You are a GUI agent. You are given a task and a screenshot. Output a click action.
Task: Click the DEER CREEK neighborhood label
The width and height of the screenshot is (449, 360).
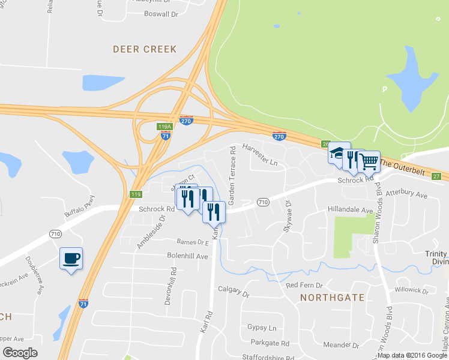coord(145,49)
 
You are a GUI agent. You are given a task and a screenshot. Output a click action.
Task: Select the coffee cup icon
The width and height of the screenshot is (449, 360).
coord(71,258)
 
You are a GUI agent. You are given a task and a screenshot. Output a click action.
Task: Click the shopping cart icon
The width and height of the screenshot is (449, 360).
coord(369,161)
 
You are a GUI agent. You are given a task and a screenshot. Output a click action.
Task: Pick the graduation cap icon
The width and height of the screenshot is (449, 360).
coord(338,152)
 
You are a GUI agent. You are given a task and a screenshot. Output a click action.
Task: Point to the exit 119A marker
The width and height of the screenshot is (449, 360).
coord(164,127)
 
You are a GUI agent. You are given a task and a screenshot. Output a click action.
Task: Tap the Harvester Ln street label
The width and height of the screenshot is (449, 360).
coord(260,154)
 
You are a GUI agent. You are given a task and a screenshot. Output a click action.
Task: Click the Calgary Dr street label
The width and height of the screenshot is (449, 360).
coord(234,292)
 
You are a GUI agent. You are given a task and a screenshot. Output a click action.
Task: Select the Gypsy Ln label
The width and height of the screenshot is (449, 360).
coord(261,328)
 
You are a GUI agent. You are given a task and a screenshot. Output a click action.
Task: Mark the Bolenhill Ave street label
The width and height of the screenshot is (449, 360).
coord(187,256)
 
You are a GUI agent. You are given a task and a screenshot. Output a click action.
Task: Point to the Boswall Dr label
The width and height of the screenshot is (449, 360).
coord(161,13)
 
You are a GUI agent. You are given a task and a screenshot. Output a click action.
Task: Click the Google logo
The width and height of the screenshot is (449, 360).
coord(20,353)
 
